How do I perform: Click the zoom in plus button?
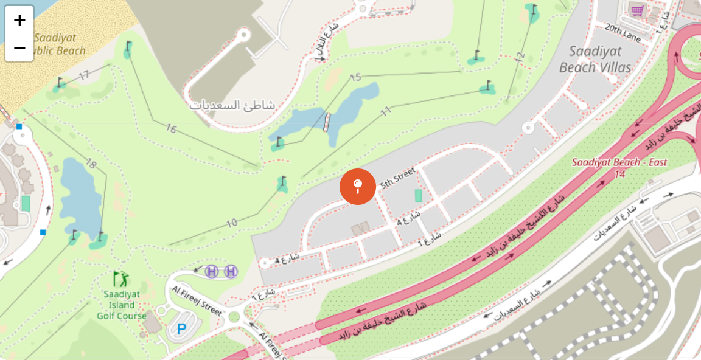(x=19, y=20)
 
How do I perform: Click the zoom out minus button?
(x=19, y=48)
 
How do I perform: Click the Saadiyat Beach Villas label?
(x=595, y=59)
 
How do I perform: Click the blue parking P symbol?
(x=181, y=330)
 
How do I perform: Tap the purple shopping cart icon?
(x=638, y=10)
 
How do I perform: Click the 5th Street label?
(x=397, y=177)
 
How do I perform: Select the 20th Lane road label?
(x=623, y=33)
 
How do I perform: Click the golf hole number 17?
(x=84, y=75)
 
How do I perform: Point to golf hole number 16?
(x=170, y=128)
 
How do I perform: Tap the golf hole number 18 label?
(x=91, y=164)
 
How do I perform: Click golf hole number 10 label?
(x=231, y=223)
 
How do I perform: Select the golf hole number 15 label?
(x=356, y=77)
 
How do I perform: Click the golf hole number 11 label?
(x=385, y=111)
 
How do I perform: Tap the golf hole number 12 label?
(x=519, y=57)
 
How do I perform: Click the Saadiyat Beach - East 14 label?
(x=619, y=168)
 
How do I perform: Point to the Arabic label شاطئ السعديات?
(x=232, y=105)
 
